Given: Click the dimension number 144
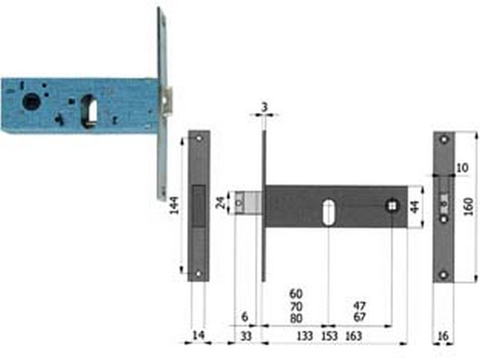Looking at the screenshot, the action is [x=175, y=205].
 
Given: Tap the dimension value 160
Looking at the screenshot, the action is [x=468, y=206].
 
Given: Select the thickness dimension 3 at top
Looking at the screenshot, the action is [x=264, y=107].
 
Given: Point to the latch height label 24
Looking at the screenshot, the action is [x=220, y=203].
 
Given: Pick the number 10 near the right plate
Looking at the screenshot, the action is [x=462, y=168].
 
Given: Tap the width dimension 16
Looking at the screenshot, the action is [x=443, y=336].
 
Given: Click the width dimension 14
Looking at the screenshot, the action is [x=198, y=335].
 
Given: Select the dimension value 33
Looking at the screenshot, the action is [x=245, y=336].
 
